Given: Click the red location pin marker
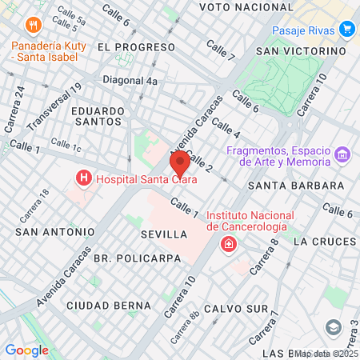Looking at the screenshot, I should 180,163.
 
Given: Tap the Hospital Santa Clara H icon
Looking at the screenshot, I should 82,179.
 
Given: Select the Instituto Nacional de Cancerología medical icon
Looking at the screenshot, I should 229,243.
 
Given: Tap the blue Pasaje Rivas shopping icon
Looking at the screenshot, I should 346,30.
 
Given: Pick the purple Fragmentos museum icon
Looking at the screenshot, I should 342,154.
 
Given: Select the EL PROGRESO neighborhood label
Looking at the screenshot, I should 125,47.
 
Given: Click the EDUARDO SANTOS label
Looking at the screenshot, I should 97,116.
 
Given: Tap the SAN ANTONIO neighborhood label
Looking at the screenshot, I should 54,232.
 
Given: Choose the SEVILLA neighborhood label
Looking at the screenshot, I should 162,235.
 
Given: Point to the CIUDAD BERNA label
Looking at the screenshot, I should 108,306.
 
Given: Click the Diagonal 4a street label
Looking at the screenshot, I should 130,80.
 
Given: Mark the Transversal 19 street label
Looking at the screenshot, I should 54,109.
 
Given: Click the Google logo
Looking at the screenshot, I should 26,350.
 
